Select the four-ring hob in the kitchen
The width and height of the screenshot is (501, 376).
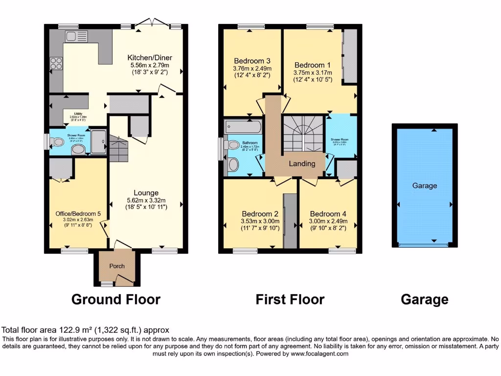pos(56,64)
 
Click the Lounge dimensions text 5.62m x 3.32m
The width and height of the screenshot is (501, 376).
pos(146,200)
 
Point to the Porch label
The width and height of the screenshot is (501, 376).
pos(116,266)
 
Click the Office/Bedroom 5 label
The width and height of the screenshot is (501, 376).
pos(78,213)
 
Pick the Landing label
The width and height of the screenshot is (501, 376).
pos(302,164)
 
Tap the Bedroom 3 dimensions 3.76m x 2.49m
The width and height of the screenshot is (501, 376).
pos(251,69)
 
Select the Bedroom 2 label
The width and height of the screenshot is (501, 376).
pos(260,214)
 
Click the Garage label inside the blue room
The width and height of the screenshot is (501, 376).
pos(424,186)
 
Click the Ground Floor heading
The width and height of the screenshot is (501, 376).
pos(116,299)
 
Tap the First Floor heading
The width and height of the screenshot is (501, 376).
pos(290,299)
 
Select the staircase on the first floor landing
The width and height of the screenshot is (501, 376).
pos(303,133)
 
